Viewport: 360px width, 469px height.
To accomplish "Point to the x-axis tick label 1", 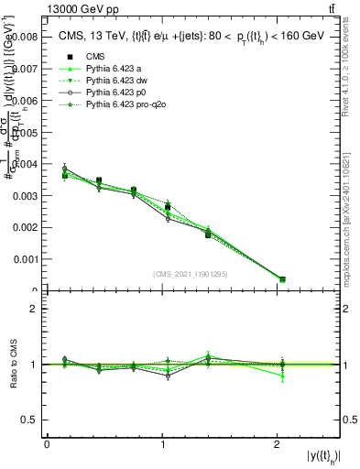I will tap(162, 444).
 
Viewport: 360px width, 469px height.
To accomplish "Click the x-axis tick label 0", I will tap(47, 444).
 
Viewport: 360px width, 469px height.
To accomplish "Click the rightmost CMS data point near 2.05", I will tap(282, 279).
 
